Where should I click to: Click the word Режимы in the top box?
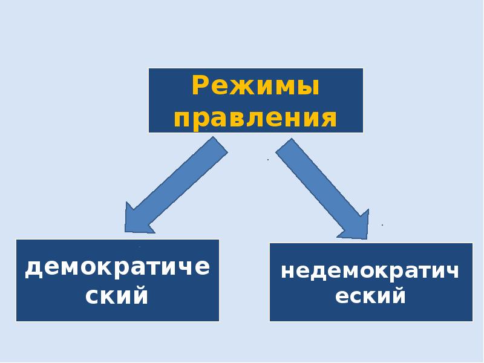(x=255, y=86)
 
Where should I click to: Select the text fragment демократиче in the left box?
(x=117, y=267)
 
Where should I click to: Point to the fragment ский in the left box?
(x=117, y=296)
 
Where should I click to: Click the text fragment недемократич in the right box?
(x=370, y=270)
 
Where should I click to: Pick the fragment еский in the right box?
(x=370, y=296)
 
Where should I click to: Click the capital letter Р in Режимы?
(x=201, y=86)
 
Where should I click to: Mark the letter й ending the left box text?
(x=140, y=296)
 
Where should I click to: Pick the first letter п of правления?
(x=183, y=118)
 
